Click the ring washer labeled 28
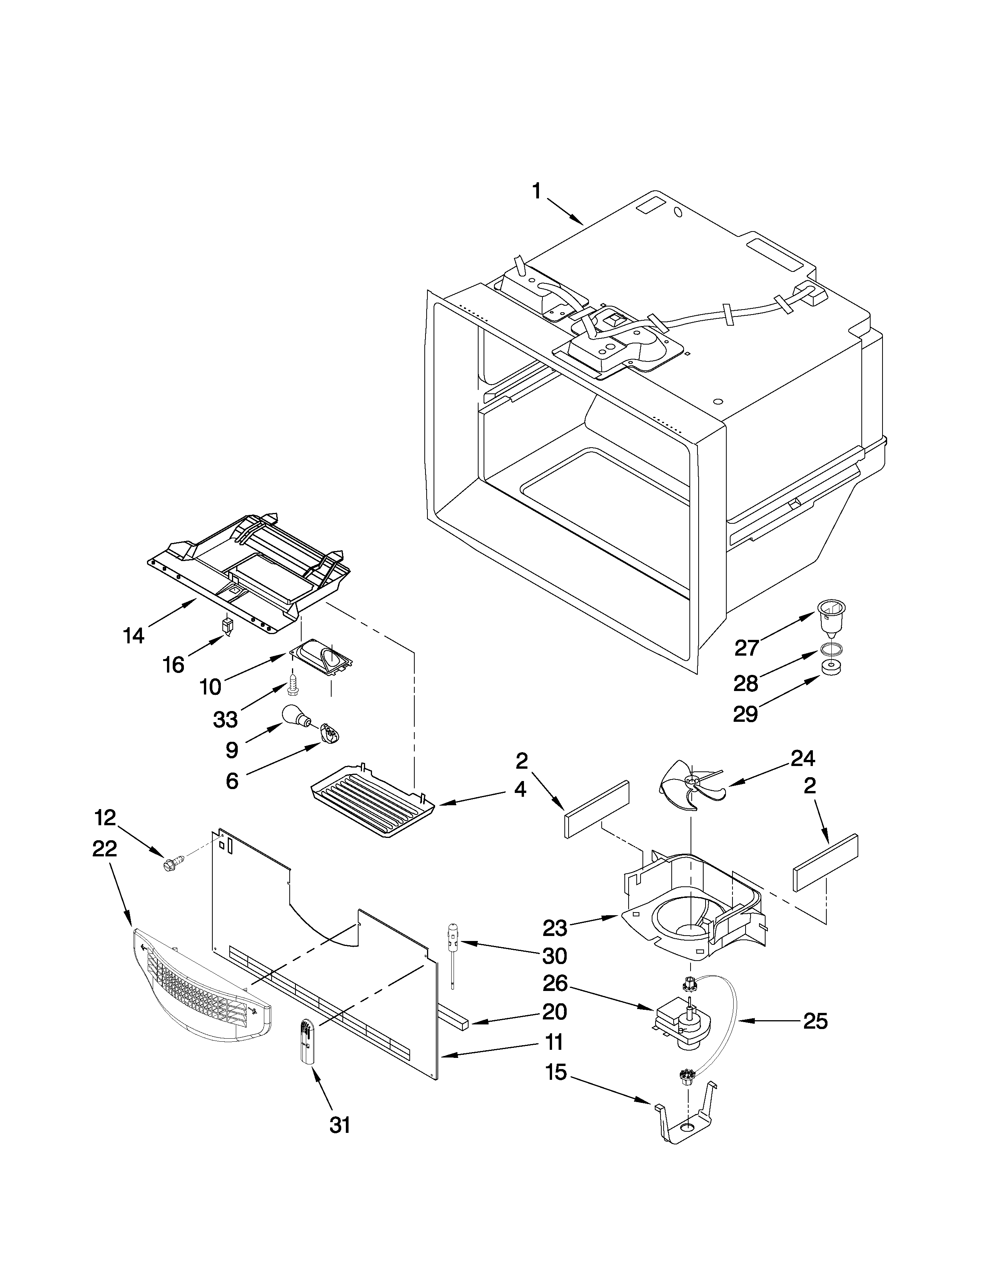[x=832, y=649]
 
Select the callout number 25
[x=815, y=1021]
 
